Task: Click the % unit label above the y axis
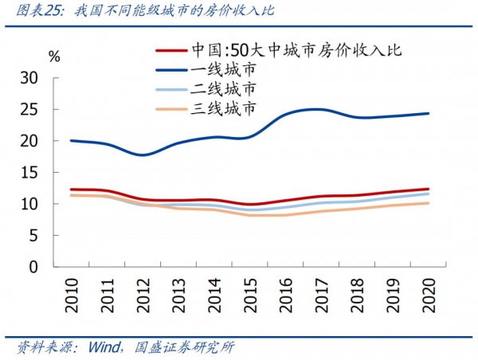[54, 57]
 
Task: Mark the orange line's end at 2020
[428, 203]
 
